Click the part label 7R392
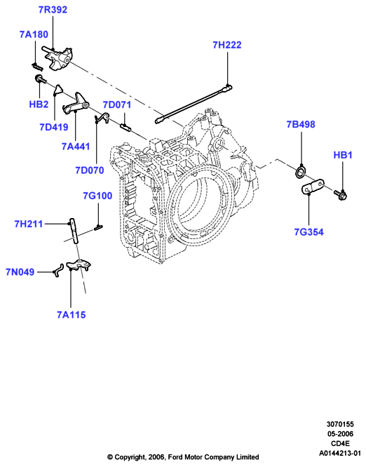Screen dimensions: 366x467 53,10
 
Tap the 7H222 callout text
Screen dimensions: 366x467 227,45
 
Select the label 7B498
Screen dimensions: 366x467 301,124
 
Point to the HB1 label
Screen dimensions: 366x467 343,155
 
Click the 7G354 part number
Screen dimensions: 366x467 309,232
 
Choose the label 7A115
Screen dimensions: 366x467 72,315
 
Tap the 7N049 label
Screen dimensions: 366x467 20,272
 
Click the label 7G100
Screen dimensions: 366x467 97,196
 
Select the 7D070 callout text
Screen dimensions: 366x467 90,170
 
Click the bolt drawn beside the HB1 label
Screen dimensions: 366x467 341,195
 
